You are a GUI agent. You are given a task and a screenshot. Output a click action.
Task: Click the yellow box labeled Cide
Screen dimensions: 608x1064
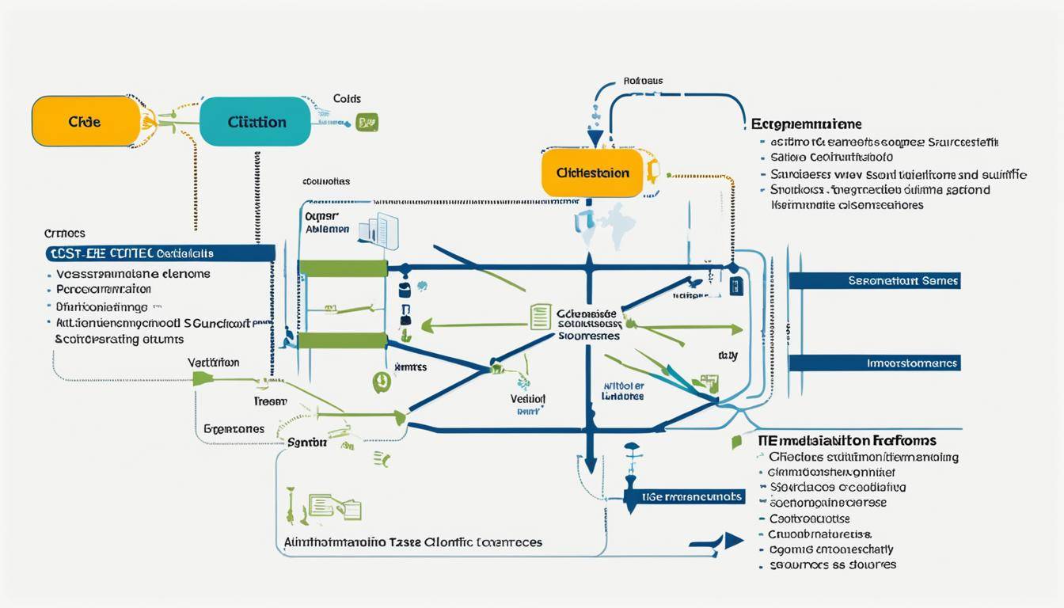(85, 122)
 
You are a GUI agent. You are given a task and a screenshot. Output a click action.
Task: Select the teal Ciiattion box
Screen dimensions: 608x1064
(255, 122)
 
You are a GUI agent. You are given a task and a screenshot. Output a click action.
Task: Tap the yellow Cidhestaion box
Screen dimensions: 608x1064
(592, 172)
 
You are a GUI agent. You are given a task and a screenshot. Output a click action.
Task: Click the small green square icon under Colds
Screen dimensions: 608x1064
(367, 122)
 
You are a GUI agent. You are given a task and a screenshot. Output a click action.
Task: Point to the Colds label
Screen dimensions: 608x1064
(347, 99)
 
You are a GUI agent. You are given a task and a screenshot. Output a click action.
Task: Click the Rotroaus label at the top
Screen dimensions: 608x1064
(643, 81)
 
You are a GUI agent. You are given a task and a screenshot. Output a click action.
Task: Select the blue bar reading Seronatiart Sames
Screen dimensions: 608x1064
(875, 280)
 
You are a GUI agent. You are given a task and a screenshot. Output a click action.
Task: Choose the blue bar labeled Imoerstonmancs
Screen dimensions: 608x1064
(875, 363)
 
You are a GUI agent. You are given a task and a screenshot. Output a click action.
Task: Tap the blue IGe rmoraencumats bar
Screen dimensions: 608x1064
(685, 496)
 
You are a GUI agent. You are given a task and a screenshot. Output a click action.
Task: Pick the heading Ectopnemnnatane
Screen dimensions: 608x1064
(806, 124)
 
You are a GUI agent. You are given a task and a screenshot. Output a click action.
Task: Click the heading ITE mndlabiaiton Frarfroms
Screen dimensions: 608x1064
(847, 440)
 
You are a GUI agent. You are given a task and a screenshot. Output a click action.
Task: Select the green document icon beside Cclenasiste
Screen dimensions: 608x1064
(540, 317)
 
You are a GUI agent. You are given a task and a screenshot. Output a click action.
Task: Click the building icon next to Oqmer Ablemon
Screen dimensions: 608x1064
(379, 230)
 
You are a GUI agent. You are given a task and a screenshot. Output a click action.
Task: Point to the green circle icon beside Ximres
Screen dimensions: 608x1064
(381, 382)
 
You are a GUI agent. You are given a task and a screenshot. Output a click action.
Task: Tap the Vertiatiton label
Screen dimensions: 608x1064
(213, 362)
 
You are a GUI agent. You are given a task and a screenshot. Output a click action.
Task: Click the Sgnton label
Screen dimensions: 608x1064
(306, 443)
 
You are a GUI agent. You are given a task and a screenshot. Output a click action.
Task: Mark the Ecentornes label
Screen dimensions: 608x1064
(234, 428)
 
